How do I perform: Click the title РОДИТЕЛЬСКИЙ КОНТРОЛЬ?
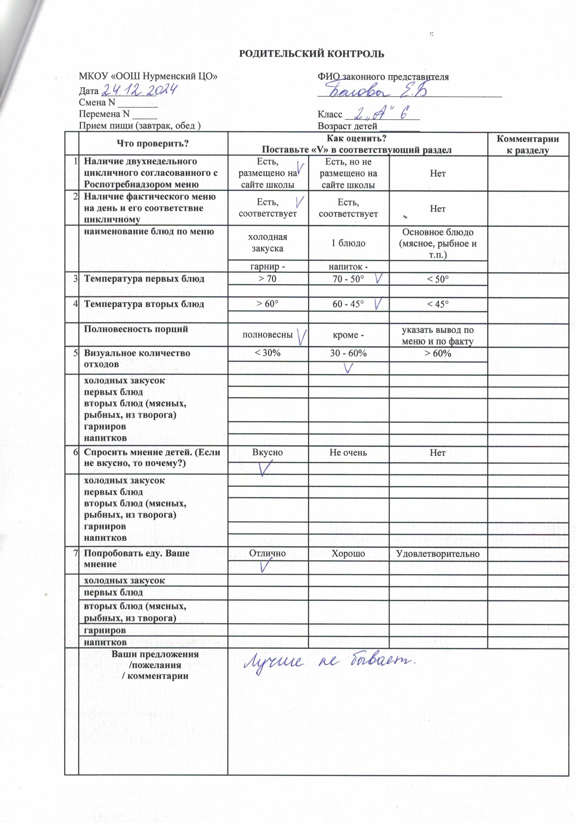[x=311, y=54]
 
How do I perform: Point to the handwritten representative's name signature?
[x=377, y=91]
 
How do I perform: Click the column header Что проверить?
[x=153, y=144]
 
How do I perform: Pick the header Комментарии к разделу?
[x=527, y=144]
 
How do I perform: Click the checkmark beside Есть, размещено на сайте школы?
[x=301, y=168]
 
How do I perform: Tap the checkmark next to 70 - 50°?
[x=379, y=278]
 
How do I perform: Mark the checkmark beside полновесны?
[x=302, y=337]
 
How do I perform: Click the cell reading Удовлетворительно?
[x=438, y=554]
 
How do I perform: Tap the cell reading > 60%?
[x=438, y=353]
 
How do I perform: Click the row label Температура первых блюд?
[x=144, y=279]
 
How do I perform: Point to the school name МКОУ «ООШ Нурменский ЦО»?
[x=148, y=76]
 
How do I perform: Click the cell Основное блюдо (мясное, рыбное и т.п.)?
[x=438, y=243]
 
